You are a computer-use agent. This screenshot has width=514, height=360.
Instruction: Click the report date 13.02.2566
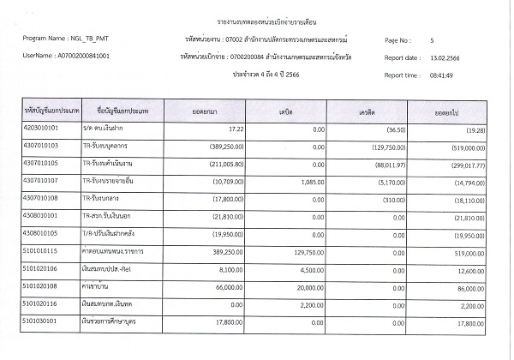click(x=448, y=57)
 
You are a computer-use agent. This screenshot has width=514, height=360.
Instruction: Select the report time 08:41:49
click(x=445, y=75)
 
